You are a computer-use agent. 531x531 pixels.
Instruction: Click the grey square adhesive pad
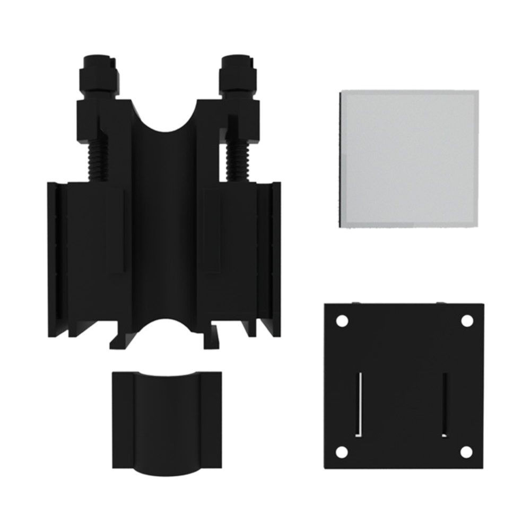408,159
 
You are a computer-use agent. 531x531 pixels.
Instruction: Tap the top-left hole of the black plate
342,321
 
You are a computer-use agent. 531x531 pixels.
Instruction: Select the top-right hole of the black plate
466,321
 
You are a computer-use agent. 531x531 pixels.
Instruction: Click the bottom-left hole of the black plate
342,452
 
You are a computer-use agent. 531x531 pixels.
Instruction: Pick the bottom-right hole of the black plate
466,452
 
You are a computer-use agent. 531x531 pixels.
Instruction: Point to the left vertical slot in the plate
359,403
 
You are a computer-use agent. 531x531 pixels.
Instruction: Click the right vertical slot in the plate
445,403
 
